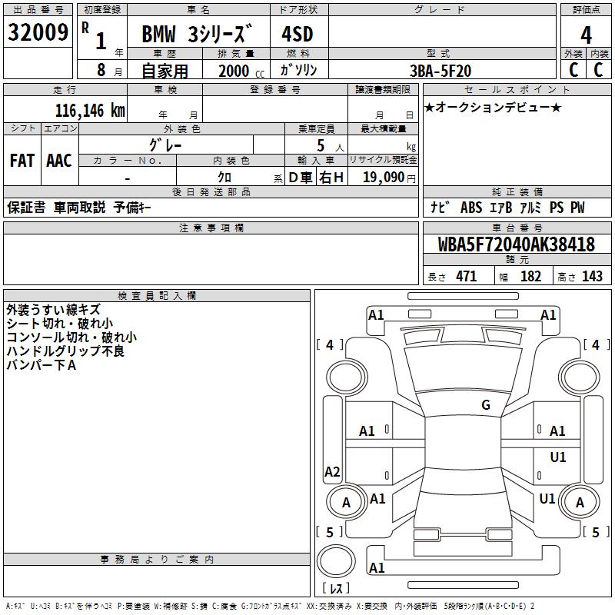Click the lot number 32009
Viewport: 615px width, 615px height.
pos(38,33)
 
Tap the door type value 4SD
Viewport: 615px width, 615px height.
pos(298,35)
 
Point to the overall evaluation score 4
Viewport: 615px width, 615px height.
pos(587,35)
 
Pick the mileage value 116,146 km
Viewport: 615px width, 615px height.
pos(89,110)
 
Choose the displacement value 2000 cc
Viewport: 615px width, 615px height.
pos(241,71)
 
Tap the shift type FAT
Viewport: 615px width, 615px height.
pos(22,160)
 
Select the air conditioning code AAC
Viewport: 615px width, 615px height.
pos(59,160)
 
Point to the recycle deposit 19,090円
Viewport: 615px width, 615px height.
pos(388,177)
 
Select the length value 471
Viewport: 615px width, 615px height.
pos(466,276)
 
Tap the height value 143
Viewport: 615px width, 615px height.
pos(592,276)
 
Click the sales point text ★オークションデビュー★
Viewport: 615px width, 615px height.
pos(491,107)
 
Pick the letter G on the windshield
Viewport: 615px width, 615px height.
pos(485,405)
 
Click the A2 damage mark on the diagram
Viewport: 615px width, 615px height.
pos(332,471)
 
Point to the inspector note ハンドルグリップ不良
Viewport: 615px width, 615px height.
pos(65,351)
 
